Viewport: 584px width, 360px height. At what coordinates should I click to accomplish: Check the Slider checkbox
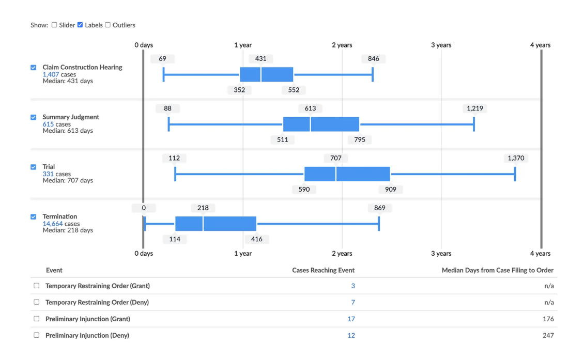(54, 25)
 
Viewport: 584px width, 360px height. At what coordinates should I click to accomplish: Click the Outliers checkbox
(107, 25)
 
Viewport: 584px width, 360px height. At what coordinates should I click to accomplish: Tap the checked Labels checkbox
(80, 25)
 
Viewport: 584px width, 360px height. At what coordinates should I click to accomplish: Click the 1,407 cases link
(51, 74)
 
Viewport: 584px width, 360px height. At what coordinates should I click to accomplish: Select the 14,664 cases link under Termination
(52, 224)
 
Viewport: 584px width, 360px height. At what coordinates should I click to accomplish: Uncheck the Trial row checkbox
(34, 167)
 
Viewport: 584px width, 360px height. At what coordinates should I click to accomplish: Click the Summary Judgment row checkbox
(34, 117)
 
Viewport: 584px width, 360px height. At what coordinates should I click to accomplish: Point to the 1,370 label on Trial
(516, 158)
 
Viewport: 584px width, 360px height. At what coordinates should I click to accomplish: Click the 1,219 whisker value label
(474, 108)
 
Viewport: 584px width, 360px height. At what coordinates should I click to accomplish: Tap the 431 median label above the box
(260, 59)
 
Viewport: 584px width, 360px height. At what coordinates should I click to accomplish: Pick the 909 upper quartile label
(390, 190)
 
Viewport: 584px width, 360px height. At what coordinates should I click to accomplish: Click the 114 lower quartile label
(175, 239)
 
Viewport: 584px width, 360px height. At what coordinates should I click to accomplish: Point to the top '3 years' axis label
(441, 45)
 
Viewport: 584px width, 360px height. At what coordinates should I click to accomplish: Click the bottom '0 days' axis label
(144, 254)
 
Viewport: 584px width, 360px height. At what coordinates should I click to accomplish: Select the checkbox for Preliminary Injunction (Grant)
(36, 319)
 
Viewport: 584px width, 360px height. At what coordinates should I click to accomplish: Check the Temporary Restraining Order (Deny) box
(36, 302)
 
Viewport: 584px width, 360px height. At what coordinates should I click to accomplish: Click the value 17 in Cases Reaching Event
(351, 319)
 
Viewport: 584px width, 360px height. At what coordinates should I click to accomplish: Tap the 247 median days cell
(548, 335)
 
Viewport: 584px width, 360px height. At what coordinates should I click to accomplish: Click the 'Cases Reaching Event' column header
(323, 270)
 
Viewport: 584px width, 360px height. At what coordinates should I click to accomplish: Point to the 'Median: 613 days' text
(68, 131)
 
